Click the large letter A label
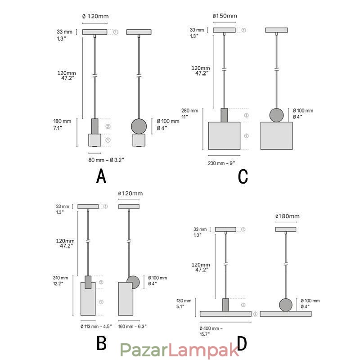coord(101,176)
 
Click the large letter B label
coord(101,344)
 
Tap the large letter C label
coord(243,176)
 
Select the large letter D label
coord(242,344)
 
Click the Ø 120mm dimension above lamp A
coord(95,16)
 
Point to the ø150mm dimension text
coord(225,16)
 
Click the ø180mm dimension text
coord(287,216)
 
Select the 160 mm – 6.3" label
coord(132,326)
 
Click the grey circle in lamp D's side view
coord(285,304)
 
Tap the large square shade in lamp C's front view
coord(224,135)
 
